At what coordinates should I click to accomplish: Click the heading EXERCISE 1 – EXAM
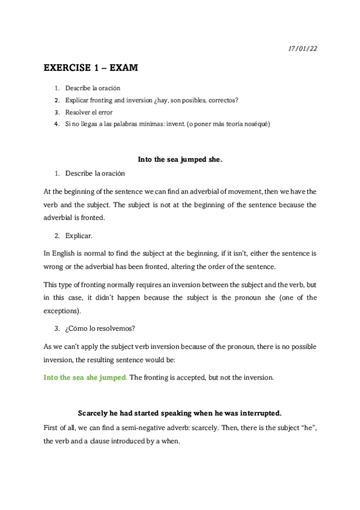pyautogui.click(x=91, y=69)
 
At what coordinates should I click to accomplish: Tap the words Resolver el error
pyautogui.click(x=89, y=112)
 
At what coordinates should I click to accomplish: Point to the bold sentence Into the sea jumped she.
pyautogui.click(x=180, y=159)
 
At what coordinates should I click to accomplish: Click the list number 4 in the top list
pyautogui.click(x=56, y=124)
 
